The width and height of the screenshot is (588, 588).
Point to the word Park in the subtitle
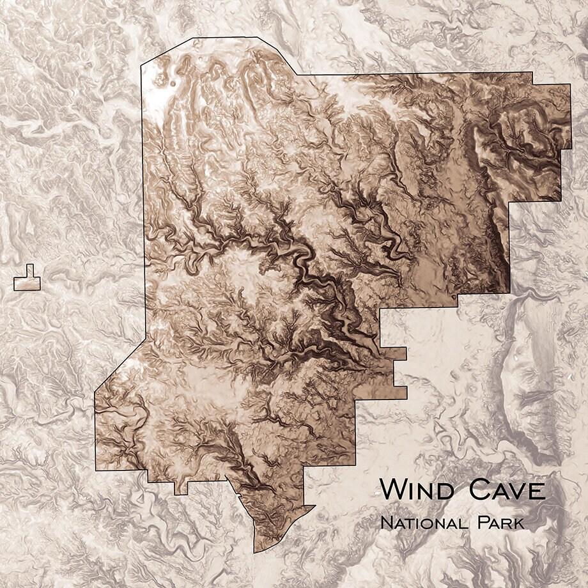pyautogui.click(x=500, y=523)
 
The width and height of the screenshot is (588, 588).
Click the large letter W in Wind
pyautogui.click(x=393, y=490)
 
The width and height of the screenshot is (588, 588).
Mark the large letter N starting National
pyautogui.click(x=386, y=523)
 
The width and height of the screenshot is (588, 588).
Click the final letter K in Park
pyautogui.click(x=519, y=523)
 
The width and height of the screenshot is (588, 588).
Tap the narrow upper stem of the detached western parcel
pyautogui.click(x=30, y=270)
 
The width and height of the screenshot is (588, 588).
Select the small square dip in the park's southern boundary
pyautogui.click(x=181, y=488)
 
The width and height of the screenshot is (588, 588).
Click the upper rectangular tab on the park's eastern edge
pyautogui.click(x=400, y=353)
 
